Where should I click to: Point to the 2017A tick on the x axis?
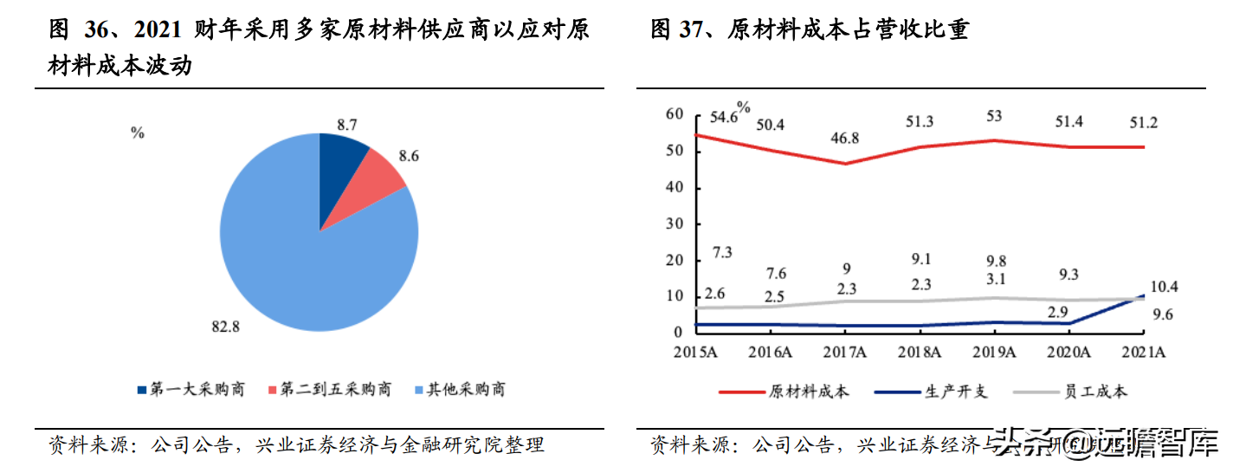(x=845, y=352)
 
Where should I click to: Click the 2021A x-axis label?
(x=1144, y=352)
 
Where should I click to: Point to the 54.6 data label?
(x=724, y=117)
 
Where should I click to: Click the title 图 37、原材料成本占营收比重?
(x=809, y=29)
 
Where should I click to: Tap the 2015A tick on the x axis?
(x=695, y=352)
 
